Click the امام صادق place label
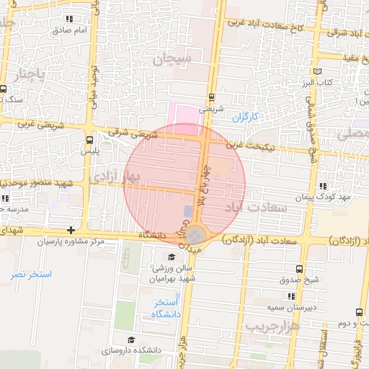click(69, 31)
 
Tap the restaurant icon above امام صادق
click(69, 19)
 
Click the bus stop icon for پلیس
click(89, 141)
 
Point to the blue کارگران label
click(245, 116)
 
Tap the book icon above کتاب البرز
click(319, 72)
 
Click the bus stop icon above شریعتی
click(211, 97)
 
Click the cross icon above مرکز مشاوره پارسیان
click(71, 231)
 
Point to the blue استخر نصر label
click(32, 275)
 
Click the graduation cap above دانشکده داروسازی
click(130, 339)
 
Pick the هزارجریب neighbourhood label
click(272, 326)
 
